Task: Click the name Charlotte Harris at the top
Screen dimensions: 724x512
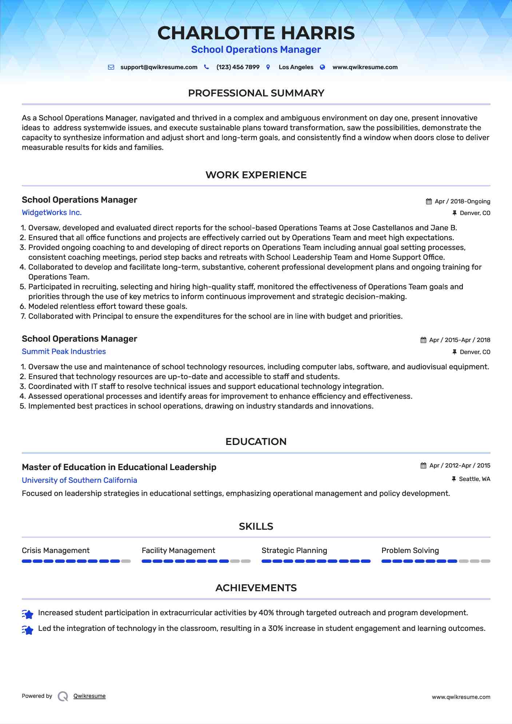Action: click(x=256, y=33)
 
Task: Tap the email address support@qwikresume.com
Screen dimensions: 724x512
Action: click(x=159, y=67)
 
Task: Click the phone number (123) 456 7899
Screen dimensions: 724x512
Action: click(x=238, y=67)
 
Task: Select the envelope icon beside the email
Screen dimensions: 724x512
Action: click(x=111, y=67)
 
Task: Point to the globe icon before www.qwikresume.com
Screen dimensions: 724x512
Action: click(x=322, y=67)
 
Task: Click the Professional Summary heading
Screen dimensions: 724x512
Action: click(x=256, y=93)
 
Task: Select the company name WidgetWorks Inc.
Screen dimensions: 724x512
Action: click(x=52, y=212)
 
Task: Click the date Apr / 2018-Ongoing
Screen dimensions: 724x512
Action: click(x=462, y=202)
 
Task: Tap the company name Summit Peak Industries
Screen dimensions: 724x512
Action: click(x=64, y=351)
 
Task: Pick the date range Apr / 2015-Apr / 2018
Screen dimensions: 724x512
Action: click(x=459, y=340)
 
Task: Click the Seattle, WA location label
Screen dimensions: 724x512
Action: click(x=474, y=479)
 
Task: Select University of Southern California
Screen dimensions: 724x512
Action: click(x=79, y=480)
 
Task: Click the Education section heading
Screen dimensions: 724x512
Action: click(x=256, y=442)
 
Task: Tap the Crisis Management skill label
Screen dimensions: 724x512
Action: click(x=56, y=550)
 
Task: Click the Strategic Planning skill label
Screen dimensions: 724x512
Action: click(x=294, y=550)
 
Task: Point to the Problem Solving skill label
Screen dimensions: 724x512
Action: click(x=410, y=550)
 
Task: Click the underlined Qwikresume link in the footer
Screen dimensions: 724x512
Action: click(x=90, y=696)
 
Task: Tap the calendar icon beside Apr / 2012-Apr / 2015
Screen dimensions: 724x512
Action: click(x=423, y=466)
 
